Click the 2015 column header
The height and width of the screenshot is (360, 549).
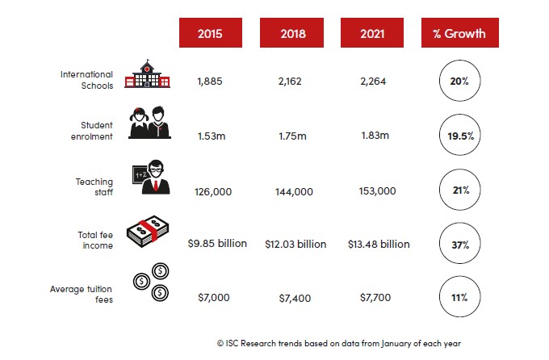211,32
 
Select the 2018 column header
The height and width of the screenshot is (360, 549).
291,32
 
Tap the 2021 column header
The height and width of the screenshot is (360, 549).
372,32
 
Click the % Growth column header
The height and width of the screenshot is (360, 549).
460,32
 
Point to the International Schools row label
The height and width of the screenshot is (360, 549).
87,80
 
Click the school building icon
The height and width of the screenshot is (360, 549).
148,73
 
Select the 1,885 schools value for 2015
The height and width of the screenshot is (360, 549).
210,82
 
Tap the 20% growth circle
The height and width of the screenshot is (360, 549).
459,81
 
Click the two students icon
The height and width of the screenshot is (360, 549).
149,123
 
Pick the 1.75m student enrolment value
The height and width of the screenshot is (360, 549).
292,136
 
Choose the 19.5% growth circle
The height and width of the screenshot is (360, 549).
459,135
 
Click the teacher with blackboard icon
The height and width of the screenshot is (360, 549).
151,178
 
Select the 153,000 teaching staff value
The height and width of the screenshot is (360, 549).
378,190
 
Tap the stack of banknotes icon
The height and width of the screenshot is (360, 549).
148,231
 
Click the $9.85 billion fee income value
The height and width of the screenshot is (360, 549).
217,244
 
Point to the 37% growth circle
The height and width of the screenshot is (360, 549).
459,244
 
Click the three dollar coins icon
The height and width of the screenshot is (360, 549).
151,282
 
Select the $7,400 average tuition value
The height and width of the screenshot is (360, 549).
295,299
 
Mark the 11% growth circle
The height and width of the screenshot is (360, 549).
459,297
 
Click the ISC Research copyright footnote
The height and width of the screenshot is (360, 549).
339,344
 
